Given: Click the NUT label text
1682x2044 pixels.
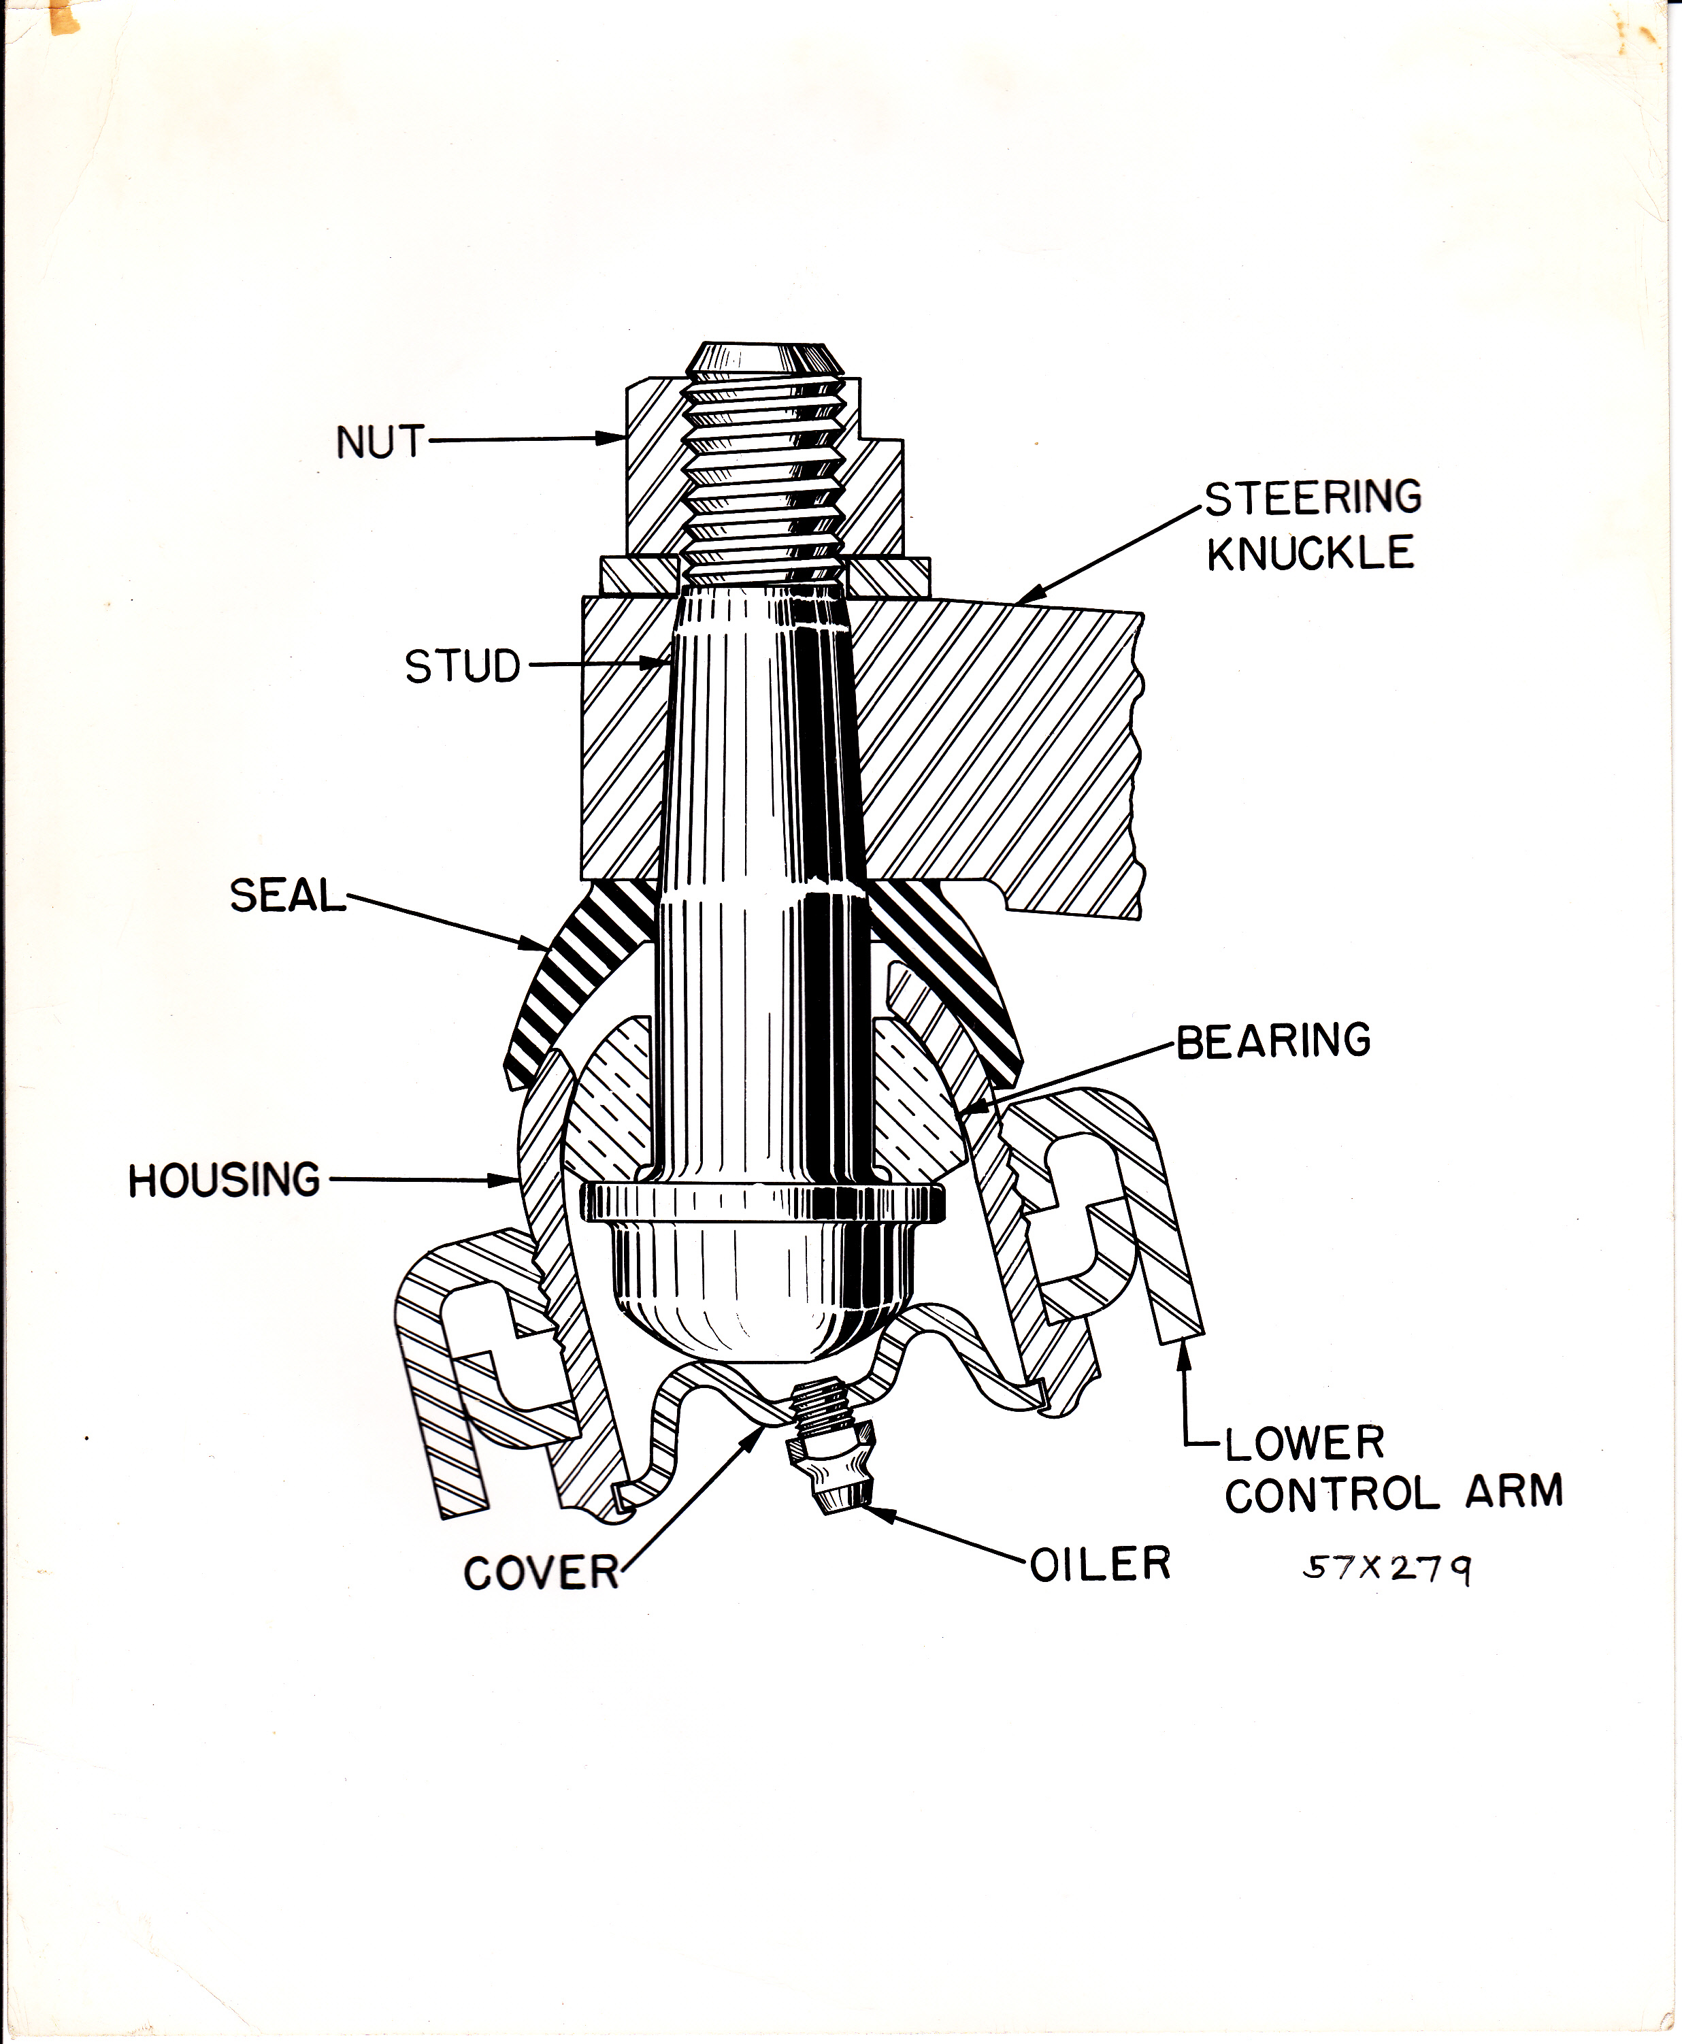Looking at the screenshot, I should (380, 443).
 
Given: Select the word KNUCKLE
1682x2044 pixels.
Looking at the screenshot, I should (1310, 553).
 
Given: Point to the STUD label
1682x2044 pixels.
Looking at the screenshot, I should (462, 667).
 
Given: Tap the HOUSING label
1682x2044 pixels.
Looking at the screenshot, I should (224, 1180).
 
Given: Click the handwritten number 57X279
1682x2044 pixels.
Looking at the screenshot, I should (1387, 1569).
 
